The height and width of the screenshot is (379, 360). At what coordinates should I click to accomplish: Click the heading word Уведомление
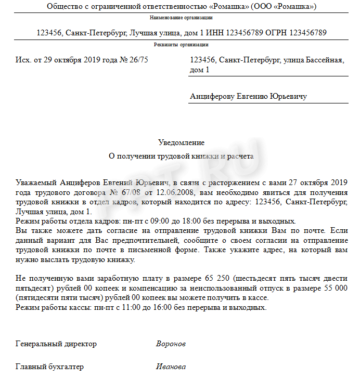(x=181, y=142)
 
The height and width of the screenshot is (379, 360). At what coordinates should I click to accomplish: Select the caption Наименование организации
(x=181, y=18)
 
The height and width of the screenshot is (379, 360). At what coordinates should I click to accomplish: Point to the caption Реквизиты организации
(x=181, y=45)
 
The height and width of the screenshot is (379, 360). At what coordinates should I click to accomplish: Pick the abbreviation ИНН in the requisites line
(x=217, y=33)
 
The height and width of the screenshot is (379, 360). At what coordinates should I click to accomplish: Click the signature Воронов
(x=171, y=344)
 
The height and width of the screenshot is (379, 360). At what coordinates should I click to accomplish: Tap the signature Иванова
(x=171, y=367)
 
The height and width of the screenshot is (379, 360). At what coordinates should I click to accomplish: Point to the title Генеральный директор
(x=56, y=344)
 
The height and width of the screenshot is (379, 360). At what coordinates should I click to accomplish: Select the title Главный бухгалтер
(x=50, y=367)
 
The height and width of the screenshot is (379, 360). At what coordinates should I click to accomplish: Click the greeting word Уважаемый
(x=36, y=183)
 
